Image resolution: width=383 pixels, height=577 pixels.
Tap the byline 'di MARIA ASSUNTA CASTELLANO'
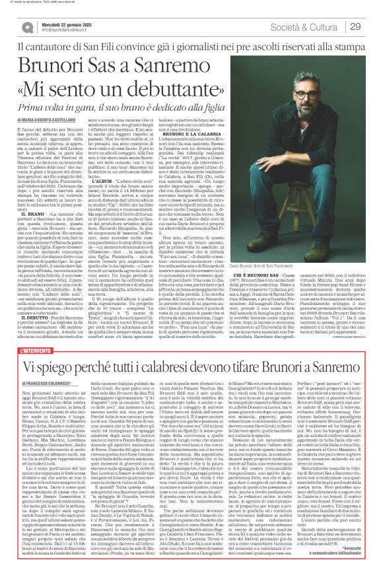52,120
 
